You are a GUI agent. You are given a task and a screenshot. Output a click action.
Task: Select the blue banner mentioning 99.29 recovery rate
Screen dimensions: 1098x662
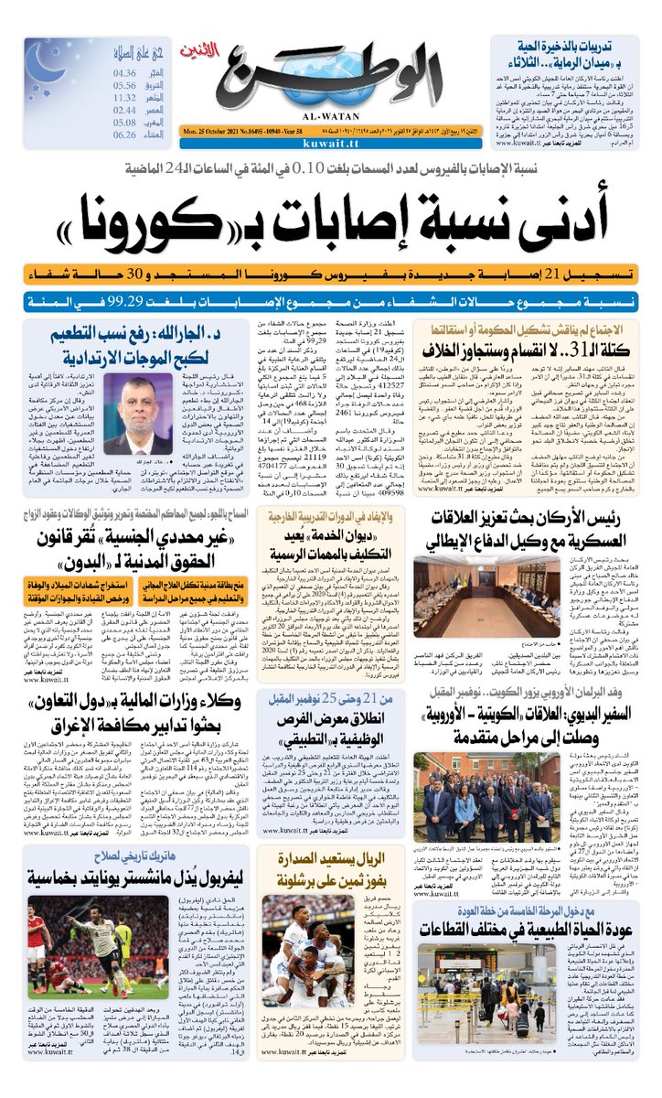[331, 300]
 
